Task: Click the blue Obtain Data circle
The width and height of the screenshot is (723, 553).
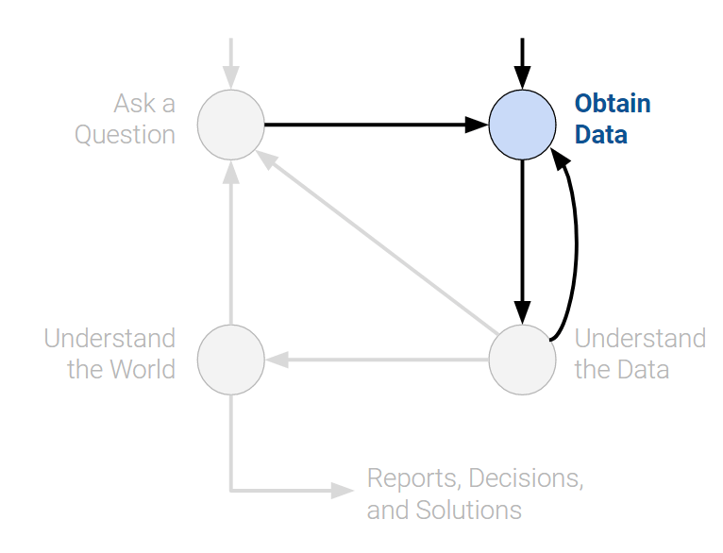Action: pyautogui.click(x=522, y=124)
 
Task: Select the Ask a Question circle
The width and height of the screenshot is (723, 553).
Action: pyautogui.click(x=231, y=124)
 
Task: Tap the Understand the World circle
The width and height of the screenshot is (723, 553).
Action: pyautogui.click(x=231, y=360)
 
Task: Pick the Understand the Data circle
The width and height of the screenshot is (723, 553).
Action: pyautogui.click(x=522, y=360)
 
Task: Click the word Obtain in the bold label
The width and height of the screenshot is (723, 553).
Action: pyautogui.click(x=613, y=104)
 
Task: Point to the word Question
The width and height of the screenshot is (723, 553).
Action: pyautogui.click(x=125, y=135)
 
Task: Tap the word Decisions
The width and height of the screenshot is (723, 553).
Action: pyautogui.click(x=525, y=478)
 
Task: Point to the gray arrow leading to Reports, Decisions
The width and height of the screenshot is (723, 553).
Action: pyautogui.click(x=283, y=490)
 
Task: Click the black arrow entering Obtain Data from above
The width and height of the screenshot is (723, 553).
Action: pyautogui.click(x=522, y=62)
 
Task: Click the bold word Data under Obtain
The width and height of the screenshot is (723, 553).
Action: pyautogui.click(x=601, y=135)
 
